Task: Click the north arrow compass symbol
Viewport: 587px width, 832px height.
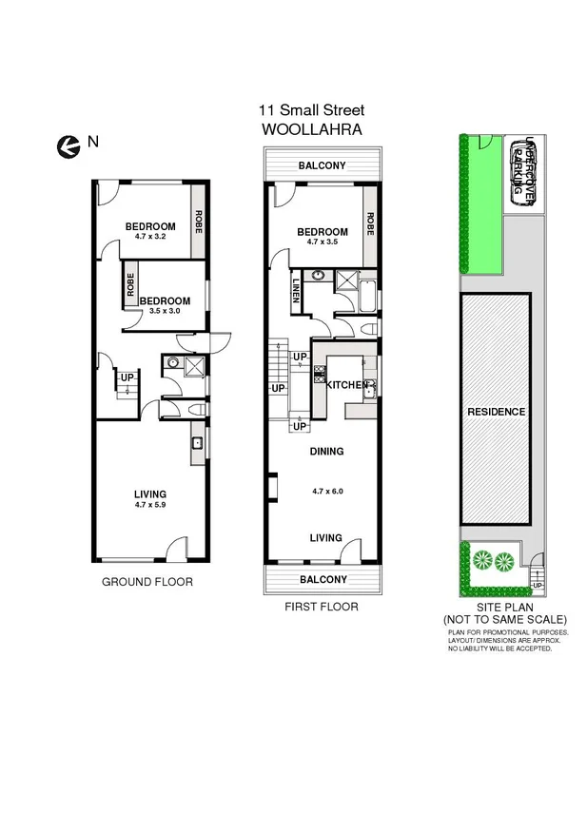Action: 68,145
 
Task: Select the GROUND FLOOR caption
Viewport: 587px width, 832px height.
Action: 147,582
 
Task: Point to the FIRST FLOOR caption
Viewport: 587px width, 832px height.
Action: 322,606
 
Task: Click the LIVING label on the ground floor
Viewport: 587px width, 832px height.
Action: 150,493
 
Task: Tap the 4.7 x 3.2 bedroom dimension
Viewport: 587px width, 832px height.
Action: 150,236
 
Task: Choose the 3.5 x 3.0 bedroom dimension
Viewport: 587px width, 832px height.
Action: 160,310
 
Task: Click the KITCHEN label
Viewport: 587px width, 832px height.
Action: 346,385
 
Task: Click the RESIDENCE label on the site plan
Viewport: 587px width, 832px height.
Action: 496,412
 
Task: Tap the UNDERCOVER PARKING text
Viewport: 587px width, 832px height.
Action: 523,168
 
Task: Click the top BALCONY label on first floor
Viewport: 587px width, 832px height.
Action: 322,165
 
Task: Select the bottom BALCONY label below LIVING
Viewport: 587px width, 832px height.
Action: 322,578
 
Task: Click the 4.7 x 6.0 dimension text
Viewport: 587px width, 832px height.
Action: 326,492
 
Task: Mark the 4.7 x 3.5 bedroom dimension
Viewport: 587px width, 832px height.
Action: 322,242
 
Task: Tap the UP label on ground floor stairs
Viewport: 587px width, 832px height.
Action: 127,378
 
